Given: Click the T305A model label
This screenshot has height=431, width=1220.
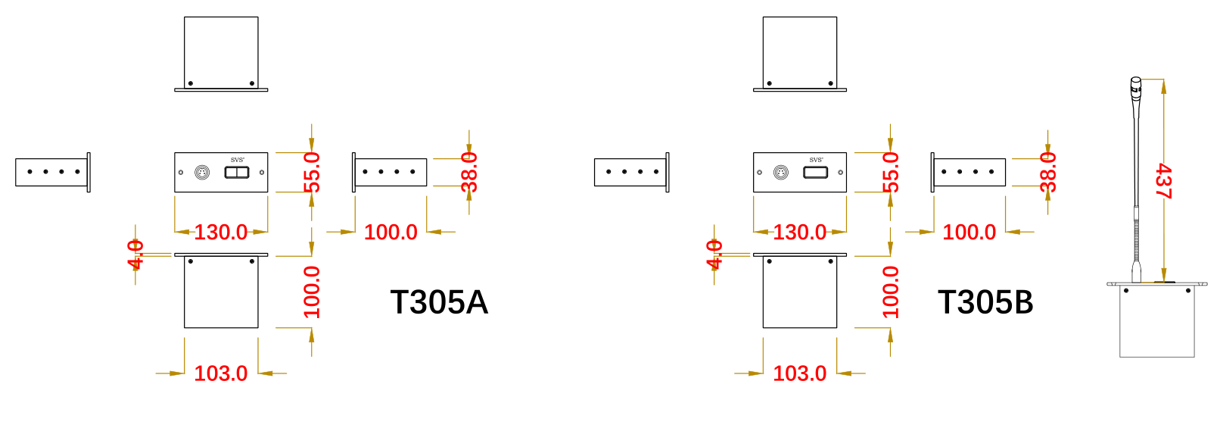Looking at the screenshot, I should coord(439,302).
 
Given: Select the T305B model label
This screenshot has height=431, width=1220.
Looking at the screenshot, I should coord(985,302).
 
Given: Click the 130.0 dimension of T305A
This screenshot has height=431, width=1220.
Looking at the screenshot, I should coord(220,232).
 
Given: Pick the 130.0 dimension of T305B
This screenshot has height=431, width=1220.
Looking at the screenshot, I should coord(799,232).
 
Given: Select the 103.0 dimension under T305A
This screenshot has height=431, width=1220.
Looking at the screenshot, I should coord(220,373).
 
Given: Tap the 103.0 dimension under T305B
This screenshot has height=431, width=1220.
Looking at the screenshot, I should coord(799,373).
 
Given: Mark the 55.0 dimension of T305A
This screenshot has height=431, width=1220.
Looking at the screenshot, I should coord(312,172).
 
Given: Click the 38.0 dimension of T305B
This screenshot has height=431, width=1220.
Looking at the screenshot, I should coord(1048,172).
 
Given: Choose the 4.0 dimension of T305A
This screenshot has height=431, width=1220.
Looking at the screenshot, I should coord(135,255).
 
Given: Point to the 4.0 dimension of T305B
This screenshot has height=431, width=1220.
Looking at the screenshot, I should coord(714,255).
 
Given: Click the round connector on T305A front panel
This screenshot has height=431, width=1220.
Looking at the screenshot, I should coord(202,173).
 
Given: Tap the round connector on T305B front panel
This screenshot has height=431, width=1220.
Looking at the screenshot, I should coord(781,173).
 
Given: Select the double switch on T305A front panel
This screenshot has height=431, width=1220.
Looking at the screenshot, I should coord(237,173).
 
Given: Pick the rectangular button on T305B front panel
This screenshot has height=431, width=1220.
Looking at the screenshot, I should coord(815,173).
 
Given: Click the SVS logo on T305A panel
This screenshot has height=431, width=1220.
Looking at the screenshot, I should coord(237,160).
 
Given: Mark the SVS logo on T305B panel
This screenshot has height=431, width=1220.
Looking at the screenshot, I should coord(816,160).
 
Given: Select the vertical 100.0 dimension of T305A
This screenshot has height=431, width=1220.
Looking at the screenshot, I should coord(312,292).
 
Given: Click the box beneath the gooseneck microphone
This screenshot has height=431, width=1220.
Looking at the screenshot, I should coord(1156,321).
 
